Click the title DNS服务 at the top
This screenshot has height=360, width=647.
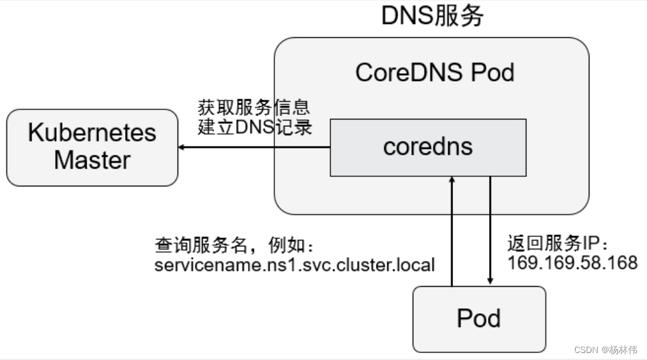[x=432, y=16]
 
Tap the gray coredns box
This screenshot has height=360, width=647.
[x=428, y=147]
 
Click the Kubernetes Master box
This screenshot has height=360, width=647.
[x=92, y=147]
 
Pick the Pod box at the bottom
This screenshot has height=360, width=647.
[x=478, y=319]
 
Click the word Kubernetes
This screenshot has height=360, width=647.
[x=92, y=133]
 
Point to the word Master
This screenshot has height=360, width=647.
[x=92, y=160]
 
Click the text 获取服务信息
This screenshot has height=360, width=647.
[x=253, y=107]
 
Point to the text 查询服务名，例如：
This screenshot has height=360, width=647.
[x=234, y=244]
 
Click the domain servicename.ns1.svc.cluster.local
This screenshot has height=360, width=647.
[x=294, y=264]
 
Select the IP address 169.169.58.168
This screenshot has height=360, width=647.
[x=572, y=263]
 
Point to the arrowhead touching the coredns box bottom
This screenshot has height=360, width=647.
[x=452, y=181]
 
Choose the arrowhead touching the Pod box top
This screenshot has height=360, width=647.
[x=490, y=282]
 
